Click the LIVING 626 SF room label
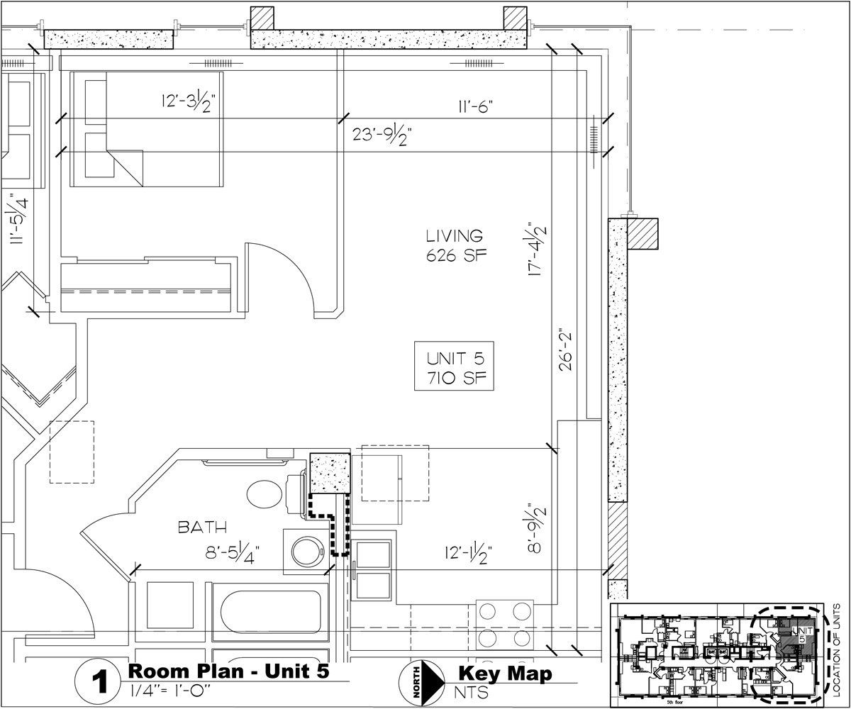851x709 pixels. pyautogui.click(x=455, y=245)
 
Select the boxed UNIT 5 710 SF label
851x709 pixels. pyautogui.click(x=455, y=366)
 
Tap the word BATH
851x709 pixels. pyautogui.click(x=202, y=527)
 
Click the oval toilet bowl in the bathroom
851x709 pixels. pyautogui.click(x=266, y=493)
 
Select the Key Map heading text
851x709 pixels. pyautogui.click(x=504, y=672)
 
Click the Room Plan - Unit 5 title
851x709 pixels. pyautogui.click(x=228, y=671)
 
